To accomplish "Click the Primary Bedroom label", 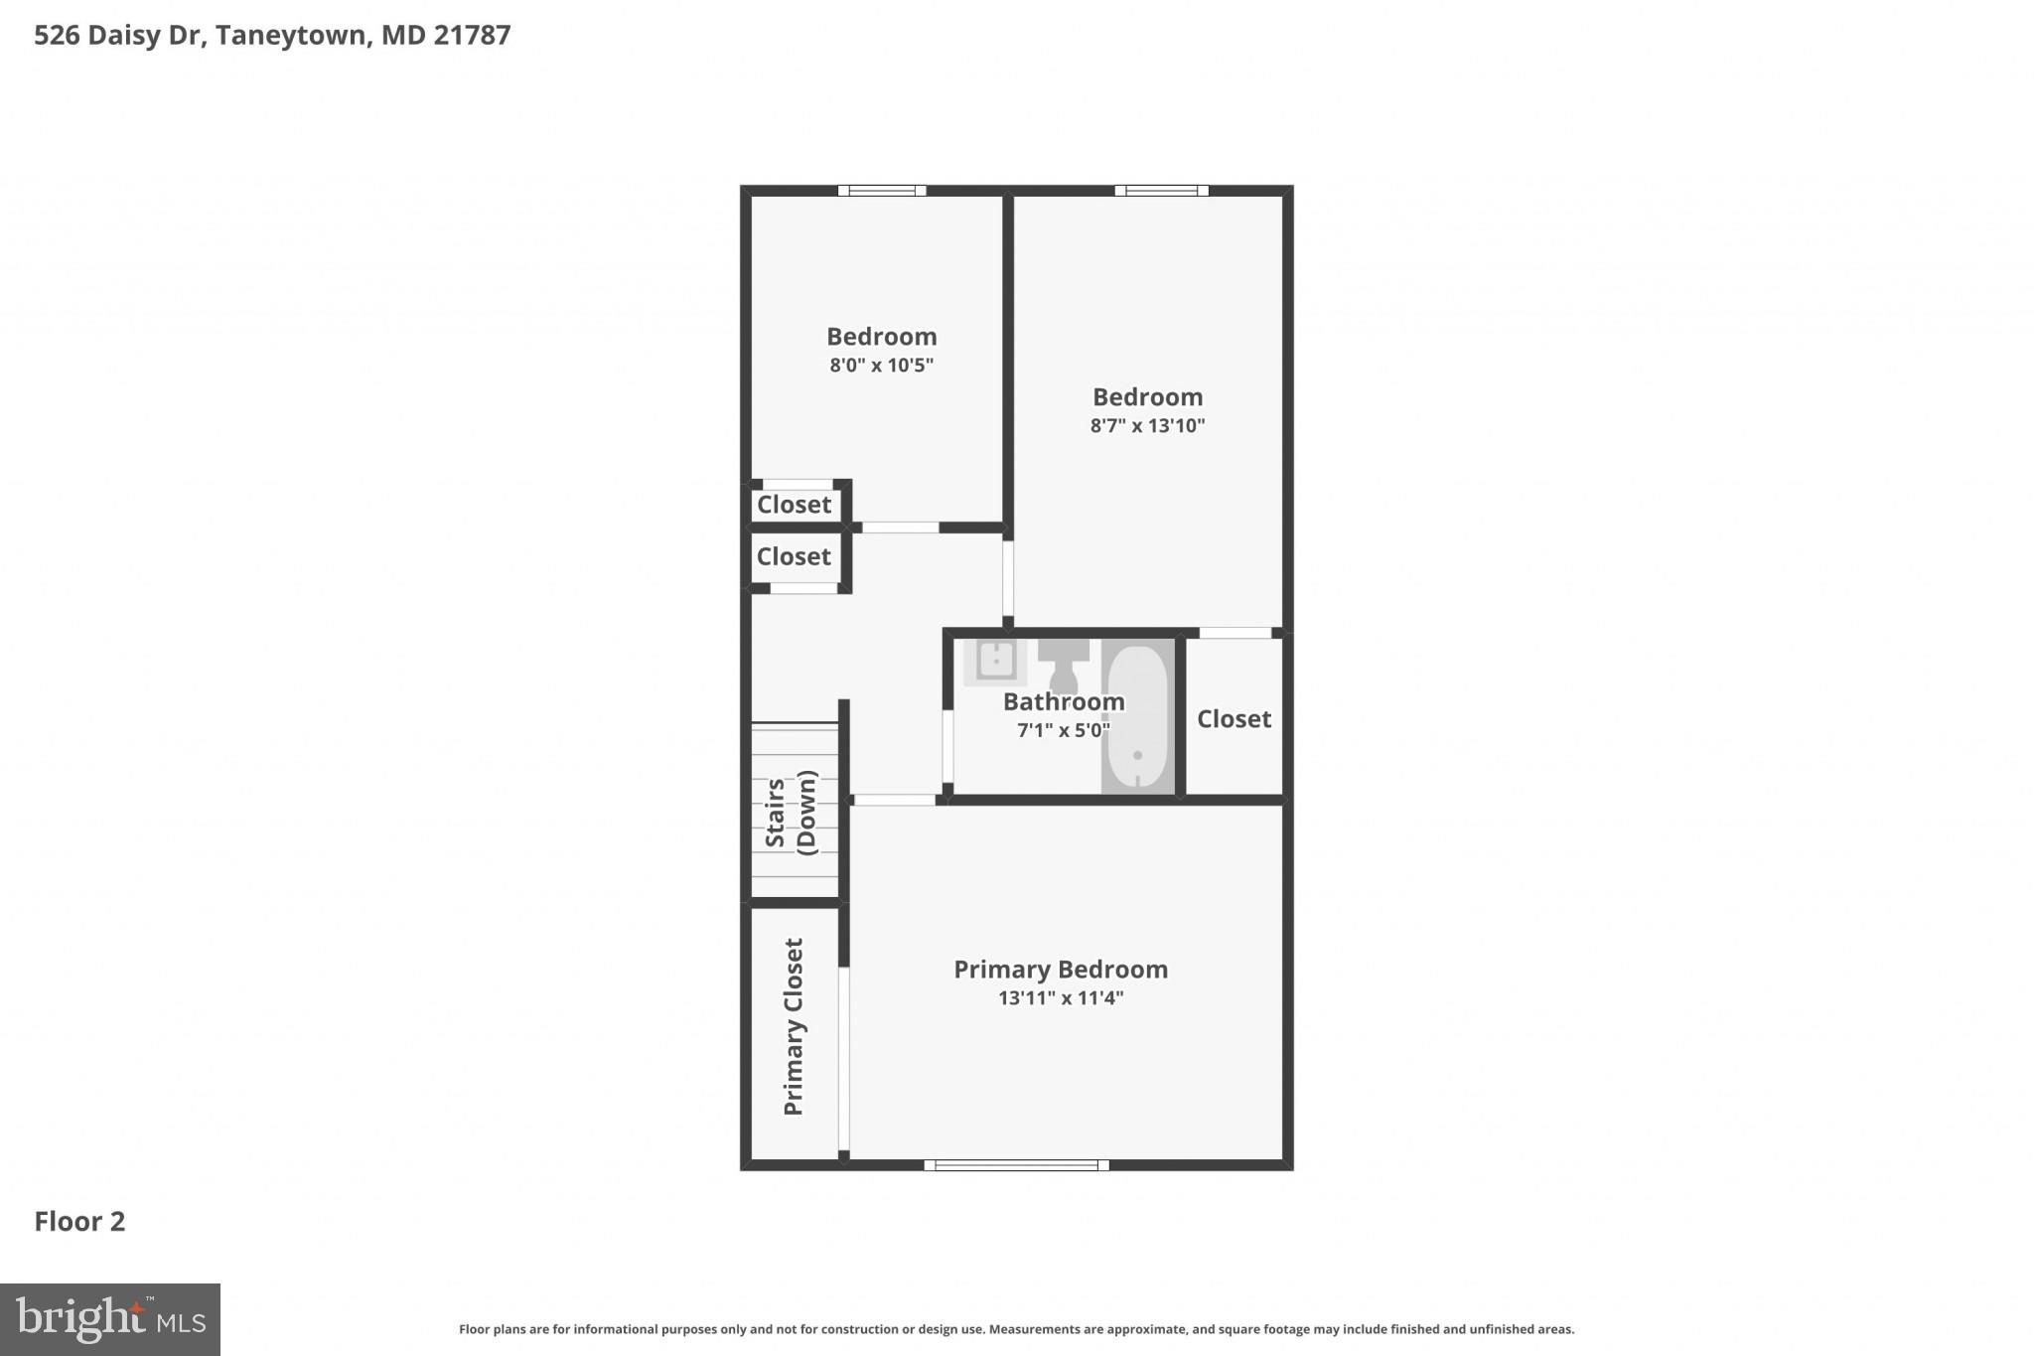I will click(x=1060, y=970).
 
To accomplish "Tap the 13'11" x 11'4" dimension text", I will click(x=1060, y=998).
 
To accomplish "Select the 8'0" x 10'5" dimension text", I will click(x=881, y=366).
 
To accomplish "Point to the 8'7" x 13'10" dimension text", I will click(x=1147, y=426).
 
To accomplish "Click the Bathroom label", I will click(x=1063, y=702).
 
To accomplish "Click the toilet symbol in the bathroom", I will click(x=1064, y=665).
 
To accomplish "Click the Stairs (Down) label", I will click(x=791, y=813).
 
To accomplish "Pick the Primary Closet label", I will click(x=794, y=1026).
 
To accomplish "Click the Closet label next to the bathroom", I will click(x=1234, y=719).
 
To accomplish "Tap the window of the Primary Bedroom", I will click(x=1016, y=1165).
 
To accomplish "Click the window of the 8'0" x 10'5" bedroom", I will click(x=882, y=191).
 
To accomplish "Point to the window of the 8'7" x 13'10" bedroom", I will click(x=1161, y=191).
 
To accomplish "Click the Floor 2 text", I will click(x=79, y=1222).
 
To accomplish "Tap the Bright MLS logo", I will click(x=110, y=1320).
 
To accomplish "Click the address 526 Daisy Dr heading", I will click(x=272, y=36).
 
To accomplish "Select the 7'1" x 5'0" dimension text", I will click(x=1063, y=731).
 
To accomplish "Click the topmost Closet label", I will click(x=794, y=505).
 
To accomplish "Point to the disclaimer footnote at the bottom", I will click(x=1016, y=1329).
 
